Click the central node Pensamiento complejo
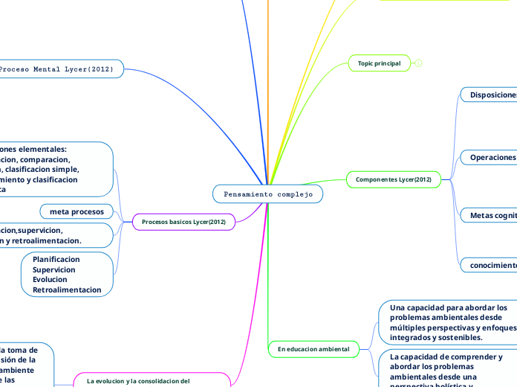tap(267, 194)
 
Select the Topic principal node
tap(379, 64)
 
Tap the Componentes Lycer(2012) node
tap(393, 179)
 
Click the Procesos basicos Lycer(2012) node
tap(183, 222)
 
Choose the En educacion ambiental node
tap(313, 348)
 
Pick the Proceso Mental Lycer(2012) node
tap(60, 69)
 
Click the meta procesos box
tap(77, 211)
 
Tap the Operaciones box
tap(490, 157)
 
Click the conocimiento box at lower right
tap(490, 265)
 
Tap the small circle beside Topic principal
tap(419, 64)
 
